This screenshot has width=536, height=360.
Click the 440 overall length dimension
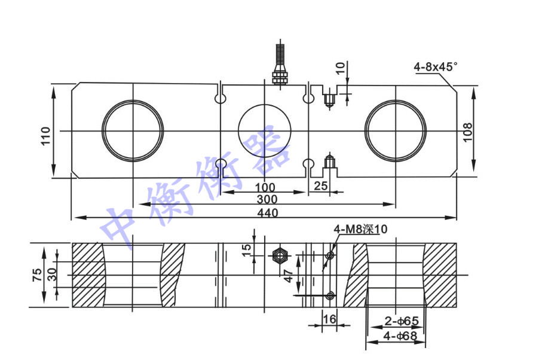[268, 213]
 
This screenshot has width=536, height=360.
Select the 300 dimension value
[267, 199]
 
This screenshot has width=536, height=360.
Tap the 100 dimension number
[265, 188]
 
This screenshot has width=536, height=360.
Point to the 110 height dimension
[46, 136]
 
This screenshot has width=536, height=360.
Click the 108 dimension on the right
[467, 132]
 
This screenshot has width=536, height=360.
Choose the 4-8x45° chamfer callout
[435, 67]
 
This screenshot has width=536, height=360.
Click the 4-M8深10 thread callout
[361, 229]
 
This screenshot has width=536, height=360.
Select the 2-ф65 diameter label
[402, 321]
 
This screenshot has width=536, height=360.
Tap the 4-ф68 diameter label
[400, 336]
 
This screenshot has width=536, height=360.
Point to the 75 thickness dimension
[37, 275]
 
